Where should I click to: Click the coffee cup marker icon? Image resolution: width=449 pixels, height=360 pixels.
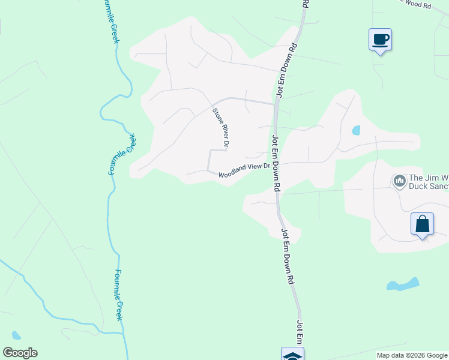coord(379,40)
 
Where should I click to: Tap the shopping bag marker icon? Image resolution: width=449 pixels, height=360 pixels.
coord(422,224)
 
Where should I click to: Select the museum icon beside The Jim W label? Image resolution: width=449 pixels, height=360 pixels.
coord(399,181)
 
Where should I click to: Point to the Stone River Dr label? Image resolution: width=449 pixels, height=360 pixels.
coord(220,128)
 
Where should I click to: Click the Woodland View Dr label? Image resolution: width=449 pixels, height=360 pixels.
coord(243,172)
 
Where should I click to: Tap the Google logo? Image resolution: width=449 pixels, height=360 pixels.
coord(20,353)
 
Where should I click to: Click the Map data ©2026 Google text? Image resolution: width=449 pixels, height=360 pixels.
coord(412,355)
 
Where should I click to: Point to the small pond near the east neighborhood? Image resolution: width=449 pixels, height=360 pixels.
coord(356,130)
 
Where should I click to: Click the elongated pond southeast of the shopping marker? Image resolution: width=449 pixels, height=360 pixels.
coord(403,284)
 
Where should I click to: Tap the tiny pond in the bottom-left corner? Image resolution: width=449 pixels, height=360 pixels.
coord(16,335)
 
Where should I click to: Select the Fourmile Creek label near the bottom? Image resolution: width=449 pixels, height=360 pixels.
coord(119,294)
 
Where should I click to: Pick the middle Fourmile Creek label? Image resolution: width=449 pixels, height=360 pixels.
coord(123,155)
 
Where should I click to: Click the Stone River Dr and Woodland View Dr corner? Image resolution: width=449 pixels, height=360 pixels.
coord(208,170)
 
